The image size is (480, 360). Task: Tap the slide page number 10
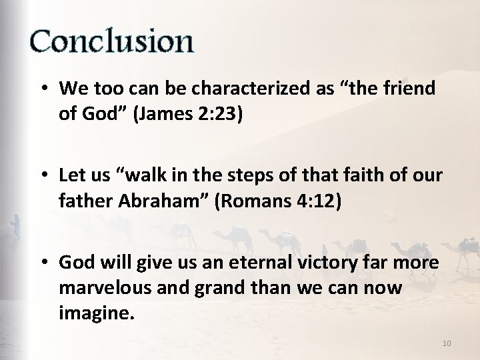click(447, 343)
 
